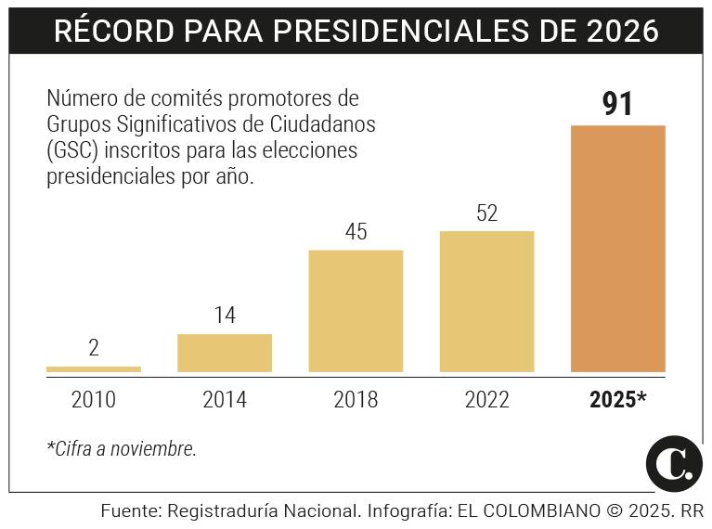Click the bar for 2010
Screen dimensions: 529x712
pos(94,369)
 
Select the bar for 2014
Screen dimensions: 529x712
pos(225,354)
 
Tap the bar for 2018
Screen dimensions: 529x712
pos(356,312)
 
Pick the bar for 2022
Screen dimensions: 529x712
pos(486,302)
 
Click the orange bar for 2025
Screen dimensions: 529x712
pos(617,249)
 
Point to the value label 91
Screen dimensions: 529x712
pos(617,104)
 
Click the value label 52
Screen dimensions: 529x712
pos(486,213)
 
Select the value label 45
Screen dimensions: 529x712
pos(356,232)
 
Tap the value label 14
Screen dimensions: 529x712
pos(225,316)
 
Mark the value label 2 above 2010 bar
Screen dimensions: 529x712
pos(94,349)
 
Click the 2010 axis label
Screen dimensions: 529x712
pos(94,400)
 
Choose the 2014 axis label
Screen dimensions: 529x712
pos(225,400)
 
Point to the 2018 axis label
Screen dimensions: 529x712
pos(356,400)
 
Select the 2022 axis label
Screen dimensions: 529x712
pos(486,400)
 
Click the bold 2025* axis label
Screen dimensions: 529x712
pos(617,400)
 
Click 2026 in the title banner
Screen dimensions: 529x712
pos(623,32)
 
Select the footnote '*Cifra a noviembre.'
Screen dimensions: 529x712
pos(122,449)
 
